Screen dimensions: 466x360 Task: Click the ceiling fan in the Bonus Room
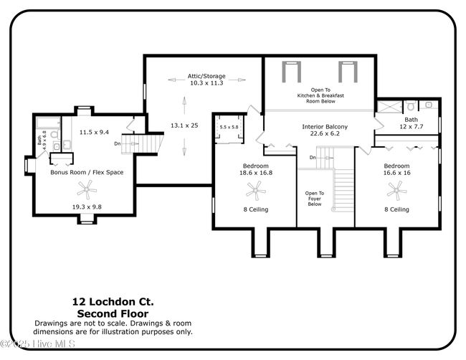coord(87,189)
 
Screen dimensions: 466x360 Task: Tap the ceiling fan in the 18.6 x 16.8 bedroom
coord(256,191)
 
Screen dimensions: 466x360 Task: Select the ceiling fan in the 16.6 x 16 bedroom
coord(396,191)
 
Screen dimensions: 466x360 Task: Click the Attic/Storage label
coord(206,76)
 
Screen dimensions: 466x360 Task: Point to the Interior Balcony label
coord(325,127)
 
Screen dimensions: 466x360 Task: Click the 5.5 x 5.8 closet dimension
coord(229,127)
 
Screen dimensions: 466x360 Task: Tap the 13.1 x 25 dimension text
coord(184,125)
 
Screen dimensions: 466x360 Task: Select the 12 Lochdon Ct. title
coord(113,302)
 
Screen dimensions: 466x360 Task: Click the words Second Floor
coord(113,313)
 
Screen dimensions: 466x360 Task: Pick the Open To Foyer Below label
coord(315,199)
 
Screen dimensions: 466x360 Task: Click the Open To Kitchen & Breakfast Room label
coord(320,95)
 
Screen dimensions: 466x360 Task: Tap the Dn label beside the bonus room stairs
coord(118,143)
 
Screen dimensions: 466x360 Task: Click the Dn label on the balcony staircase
coord(313,158)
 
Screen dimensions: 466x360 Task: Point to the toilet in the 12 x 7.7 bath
coord(412,105)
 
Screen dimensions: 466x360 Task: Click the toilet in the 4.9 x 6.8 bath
coord(54,134)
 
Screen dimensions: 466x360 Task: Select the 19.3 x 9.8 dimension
coord(87,207)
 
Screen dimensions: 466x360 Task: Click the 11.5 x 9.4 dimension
coord(94,132)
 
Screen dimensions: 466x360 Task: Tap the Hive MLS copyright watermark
coord(38,344)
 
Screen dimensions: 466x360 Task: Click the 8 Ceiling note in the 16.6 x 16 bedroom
coord(396,209)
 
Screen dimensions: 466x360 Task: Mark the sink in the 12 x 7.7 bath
coord(428,105)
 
